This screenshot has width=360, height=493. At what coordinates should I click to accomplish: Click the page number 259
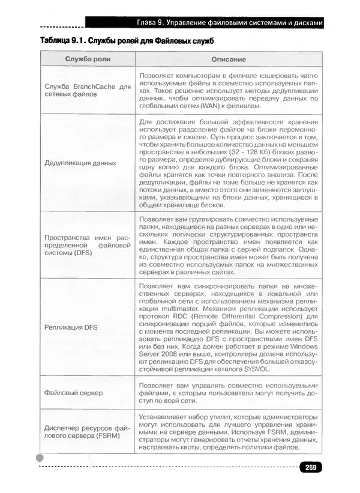pyautogui.click(x=310, y=468)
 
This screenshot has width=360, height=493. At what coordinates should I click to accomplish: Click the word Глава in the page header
pyautogui.click(x=152, y=23)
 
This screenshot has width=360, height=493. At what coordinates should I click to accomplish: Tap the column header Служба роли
pyautogui.click(x=88, y=59)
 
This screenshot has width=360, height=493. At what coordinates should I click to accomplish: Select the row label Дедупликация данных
pyautogui.click(x=80, y=163)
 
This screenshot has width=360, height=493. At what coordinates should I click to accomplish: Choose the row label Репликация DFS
pyautogui.click(x=71, y=327)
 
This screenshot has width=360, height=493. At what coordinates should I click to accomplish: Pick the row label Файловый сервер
pyautogui.click(x=74, y=392)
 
